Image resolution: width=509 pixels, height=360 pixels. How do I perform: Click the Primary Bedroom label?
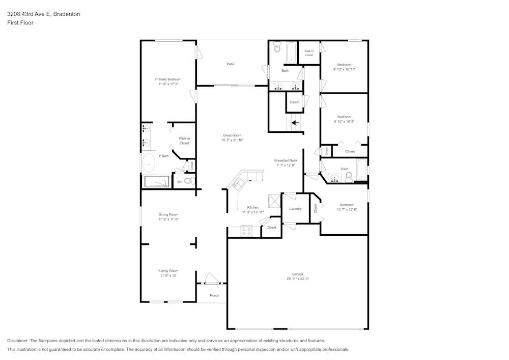click(168, 79)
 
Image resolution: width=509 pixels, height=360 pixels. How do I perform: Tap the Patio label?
click(231, 64)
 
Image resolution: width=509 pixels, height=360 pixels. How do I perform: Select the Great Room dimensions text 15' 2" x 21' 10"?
click(232, 140)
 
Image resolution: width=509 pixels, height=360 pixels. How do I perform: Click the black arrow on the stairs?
click(295, 122)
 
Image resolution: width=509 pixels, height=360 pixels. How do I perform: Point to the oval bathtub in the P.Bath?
click(149, 163)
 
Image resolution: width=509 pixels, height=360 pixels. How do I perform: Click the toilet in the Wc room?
click(188, 181)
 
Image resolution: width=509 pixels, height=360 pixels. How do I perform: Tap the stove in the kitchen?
click(246, 231)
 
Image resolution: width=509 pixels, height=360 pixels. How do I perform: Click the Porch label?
click(214, 295)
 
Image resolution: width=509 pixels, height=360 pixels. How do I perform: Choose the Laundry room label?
click(295, 209)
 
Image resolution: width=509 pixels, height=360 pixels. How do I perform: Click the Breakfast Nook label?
click(286, 160)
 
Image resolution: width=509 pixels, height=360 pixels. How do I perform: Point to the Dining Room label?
click(168, 214)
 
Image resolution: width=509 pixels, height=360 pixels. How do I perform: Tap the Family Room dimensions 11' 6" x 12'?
click(168, 275)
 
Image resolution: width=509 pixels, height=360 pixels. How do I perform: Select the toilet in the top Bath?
click(277, 48)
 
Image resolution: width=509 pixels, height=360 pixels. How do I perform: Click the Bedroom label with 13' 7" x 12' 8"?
click(347, 205)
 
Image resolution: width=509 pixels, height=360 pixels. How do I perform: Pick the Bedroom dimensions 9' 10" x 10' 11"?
click(344, 69)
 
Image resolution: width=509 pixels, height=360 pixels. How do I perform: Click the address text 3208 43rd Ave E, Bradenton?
click(43, 14)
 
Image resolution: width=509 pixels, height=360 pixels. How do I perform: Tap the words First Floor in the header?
click(20, 23)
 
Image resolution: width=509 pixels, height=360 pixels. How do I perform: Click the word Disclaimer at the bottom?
click(18, 341)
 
